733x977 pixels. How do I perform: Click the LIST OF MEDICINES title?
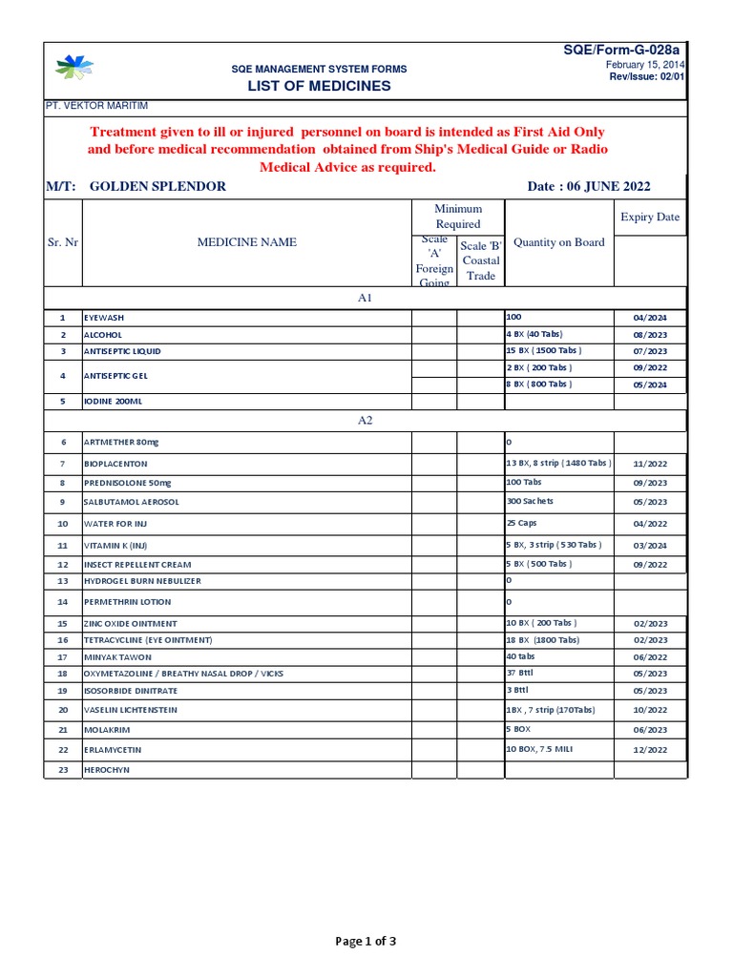320,86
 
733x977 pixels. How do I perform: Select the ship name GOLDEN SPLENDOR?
157,186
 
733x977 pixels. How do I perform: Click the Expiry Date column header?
650,217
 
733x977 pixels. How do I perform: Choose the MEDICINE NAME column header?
246,242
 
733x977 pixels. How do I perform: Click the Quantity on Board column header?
558,242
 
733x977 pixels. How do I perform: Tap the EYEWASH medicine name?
105,317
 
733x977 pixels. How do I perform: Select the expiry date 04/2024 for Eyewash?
650,317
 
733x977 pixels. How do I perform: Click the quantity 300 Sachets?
530,501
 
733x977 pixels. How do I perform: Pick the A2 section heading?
365,421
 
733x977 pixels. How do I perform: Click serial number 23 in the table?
63,769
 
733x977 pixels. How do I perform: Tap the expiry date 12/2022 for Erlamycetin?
650,750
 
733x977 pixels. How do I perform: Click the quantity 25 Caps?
522,524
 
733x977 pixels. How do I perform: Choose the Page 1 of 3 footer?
366,942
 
